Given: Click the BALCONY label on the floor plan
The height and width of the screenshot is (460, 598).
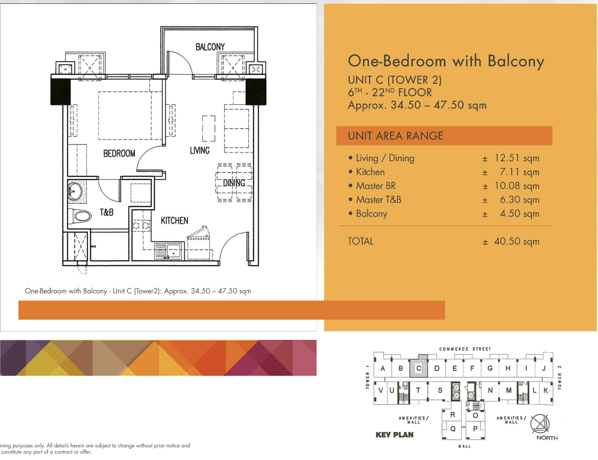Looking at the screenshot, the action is tap(210, 47).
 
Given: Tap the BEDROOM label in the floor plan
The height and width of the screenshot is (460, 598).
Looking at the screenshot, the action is tap(119, 153).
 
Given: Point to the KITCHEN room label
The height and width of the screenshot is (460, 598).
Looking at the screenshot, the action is tap(175, 220).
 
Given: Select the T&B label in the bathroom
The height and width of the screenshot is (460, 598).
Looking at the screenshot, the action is tap(106, 212).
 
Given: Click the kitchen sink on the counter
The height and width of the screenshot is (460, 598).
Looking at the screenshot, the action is tap(168, 251).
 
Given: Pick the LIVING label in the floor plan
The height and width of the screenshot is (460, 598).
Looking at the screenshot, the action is tap(200, 150).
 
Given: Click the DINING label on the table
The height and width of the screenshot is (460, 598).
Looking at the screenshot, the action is tap(234, 183).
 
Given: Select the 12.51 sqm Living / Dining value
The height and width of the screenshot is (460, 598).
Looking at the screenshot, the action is tap(517, 158).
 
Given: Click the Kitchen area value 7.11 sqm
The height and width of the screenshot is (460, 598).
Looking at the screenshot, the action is tap(519, 172).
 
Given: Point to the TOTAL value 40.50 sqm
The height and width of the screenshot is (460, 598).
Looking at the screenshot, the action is tap(516, 241).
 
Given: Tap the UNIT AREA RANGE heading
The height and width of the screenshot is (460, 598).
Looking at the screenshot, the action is tap(395, 136).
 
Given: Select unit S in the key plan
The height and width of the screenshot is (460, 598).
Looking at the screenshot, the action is tap(440, 390).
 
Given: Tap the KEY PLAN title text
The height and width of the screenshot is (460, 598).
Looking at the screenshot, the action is tap(394, 435).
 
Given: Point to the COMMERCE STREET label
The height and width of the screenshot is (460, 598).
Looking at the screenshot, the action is tap(465, 349).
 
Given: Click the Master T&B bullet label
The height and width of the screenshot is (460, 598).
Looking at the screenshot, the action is tap(379, 199).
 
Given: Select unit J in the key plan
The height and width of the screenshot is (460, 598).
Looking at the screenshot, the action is tap(544, 368).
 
